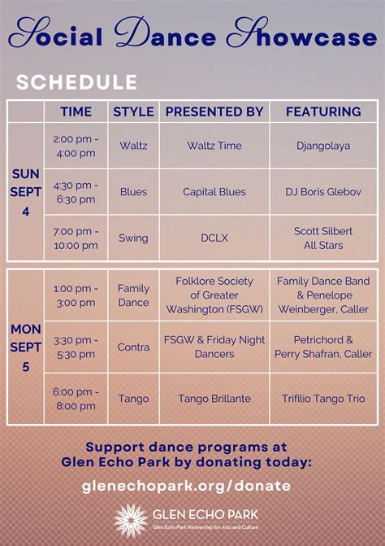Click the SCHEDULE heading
tap(76, 82)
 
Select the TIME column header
tap(76, 111)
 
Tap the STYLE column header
tap(133, 111)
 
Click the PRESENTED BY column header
tap(214, 111)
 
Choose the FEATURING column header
tap(323, 111)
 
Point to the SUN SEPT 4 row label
tap(25, 192)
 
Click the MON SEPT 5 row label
tap(25, 347)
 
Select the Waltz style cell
tap(133, 146)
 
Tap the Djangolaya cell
tap(323, 146)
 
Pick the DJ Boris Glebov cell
tap(323, 192)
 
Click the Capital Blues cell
tap(214, 192)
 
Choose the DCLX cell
tap(214, 238)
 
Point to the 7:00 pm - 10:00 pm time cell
tap(76, 238)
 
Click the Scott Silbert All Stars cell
tap(323, 238)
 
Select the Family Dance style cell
tap(133, 295)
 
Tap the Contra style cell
tap(133, 347)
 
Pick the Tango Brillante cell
tap(214, 399)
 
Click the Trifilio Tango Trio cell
tap(323, 399)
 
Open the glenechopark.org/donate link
tap(187, 486)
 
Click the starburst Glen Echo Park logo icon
tap(130, 521)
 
